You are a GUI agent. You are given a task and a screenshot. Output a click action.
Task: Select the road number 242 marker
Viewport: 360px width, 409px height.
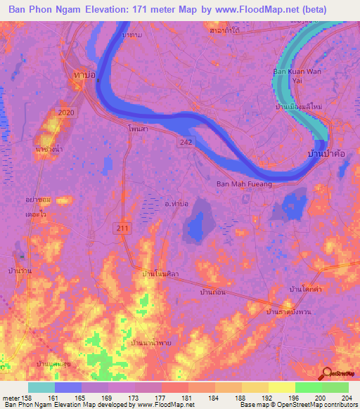click(182, 142)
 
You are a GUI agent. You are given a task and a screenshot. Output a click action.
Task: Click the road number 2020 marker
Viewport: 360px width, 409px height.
click(67, 112)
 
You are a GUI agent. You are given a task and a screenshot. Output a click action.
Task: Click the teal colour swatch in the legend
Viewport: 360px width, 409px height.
click(41, 387)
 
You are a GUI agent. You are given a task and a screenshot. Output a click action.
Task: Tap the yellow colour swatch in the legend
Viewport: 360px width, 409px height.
click(282, 387)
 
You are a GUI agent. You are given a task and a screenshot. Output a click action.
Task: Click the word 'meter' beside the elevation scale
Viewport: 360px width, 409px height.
click(11, 397)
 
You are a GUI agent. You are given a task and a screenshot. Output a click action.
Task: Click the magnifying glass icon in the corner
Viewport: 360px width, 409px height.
click(328, 375)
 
